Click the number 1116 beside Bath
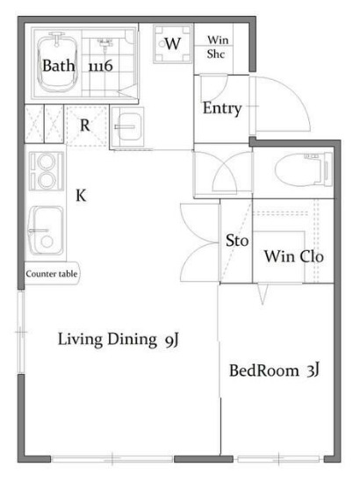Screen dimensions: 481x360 100,66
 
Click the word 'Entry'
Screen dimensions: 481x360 221,109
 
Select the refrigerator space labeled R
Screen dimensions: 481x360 85,125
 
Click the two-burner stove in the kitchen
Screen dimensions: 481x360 42,171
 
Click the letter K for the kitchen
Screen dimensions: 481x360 81,195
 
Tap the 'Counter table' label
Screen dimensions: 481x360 52,274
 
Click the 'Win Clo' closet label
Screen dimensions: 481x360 294,257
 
